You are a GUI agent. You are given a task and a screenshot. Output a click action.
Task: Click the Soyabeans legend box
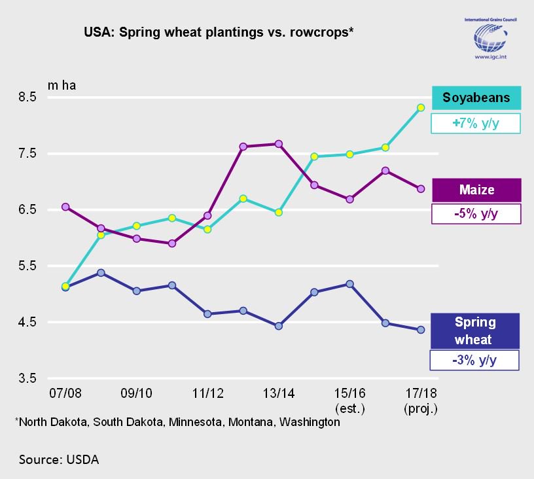(476, 98)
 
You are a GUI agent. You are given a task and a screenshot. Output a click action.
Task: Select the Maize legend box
(476, 190)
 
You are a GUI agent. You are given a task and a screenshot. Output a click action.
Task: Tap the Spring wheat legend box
(475, 330)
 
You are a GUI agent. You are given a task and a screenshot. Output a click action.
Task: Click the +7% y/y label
(476, 123)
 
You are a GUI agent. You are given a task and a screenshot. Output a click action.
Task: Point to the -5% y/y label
(476, 214)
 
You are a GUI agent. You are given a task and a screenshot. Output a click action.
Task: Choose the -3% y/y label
(474, 361)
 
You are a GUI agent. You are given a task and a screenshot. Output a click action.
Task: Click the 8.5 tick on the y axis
(27, 98)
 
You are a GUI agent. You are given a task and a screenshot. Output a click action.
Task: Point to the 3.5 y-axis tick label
(27, 379)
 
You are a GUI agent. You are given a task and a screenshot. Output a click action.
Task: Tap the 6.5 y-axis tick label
(27, 210)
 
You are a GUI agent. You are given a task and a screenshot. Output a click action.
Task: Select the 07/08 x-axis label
(65, 394)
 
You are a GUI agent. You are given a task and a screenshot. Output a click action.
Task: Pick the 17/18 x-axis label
(421, 394)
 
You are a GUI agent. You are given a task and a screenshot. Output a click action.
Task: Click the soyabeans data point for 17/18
(421, 108)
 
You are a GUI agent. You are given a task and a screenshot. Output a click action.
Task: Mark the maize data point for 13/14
(279, 144)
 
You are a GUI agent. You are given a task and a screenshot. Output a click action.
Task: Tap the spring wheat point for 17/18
(421, 330)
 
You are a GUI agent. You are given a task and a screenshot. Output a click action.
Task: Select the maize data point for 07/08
(65, 207)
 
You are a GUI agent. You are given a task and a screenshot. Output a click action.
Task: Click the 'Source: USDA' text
(59, 459)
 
